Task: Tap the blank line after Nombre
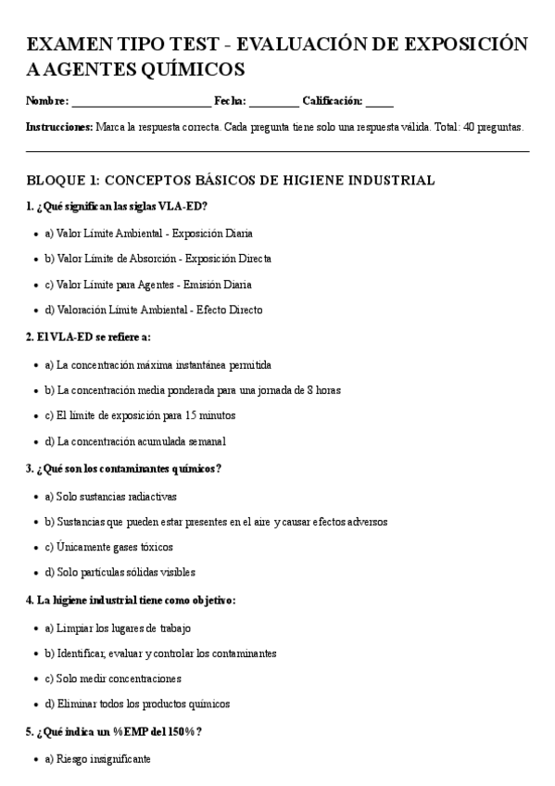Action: click(x=141, y=103)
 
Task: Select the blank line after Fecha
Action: click(x=273, y=103)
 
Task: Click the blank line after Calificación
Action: click(x=379, y=103)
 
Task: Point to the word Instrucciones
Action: click(x=59, y=127)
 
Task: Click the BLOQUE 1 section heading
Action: click(x=231, y=180)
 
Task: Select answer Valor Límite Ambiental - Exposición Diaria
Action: click(x=148, y=234)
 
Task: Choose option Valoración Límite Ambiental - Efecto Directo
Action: click(x=153, y=311)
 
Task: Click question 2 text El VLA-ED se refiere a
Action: click(x=88, y=337)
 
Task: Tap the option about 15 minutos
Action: click(x=140, y=415)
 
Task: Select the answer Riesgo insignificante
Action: click(x=97, y=759)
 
